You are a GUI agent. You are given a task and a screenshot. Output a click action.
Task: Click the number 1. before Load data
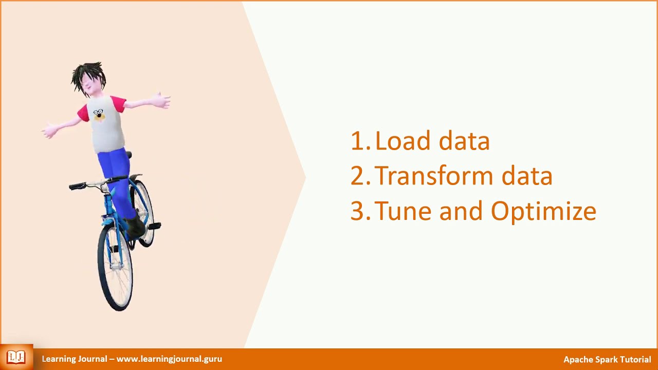click(x=360, y=141)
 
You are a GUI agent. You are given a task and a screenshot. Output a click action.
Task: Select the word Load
click(x=398, y=141)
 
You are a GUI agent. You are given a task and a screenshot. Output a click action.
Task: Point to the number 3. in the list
click(x=360, y=211)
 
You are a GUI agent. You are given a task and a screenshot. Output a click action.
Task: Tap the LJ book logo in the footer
click(x=16, y=357)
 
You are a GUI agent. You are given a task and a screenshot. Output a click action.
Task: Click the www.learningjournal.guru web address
click(x=169, y=359)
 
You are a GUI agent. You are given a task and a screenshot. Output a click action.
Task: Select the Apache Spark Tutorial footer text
click(x=607, y=359)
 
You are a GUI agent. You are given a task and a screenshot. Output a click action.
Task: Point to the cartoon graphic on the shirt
click(x=99, y=115)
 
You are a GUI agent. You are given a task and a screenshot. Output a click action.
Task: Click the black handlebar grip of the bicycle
click(x=77, y=186)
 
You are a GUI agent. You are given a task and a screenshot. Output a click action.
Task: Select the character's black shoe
click(x=135, y=226)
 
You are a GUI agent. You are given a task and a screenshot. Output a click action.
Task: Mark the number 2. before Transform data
click(x=360, y=176)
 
